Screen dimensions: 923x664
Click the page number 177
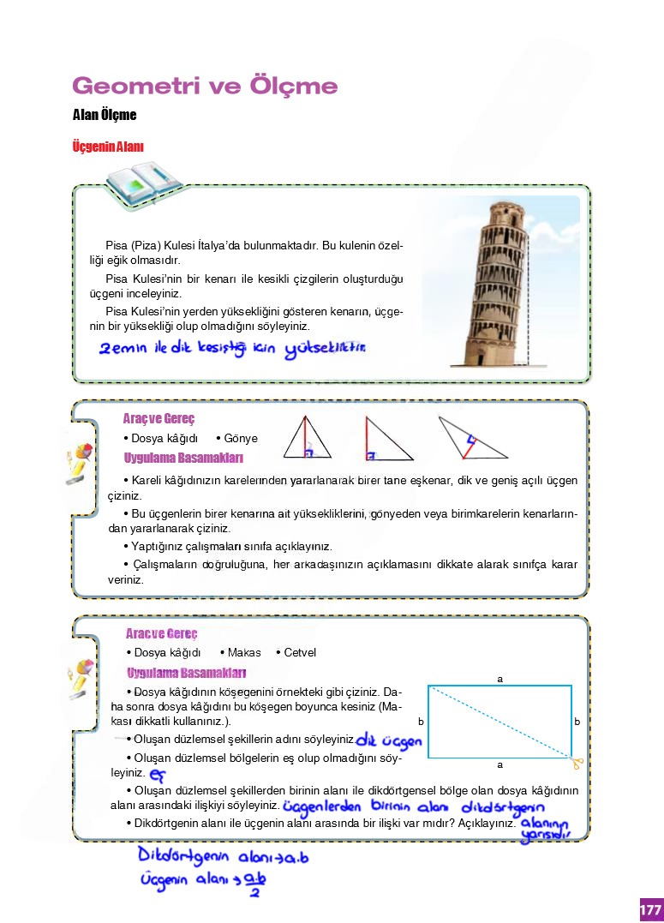650,908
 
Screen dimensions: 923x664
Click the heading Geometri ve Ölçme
205,87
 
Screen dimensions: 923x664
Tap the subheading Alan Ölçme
105,115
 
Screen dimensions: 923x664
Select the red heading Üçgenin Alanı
108,147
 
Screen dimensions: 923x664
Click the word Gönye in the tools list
241,438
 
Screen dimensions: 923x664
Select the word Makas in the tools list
244,652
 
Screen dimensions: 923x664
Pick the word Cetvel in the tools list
300,652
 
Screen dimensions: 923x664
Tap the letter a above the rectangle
499,679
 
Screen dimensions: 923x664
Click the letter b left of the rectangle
421,722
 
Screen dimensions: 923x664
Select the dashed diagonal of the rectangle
499,722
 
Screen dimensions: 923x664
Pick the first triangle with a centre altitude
306,438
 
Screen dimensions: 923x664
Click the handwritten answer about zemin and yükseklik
232,349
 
